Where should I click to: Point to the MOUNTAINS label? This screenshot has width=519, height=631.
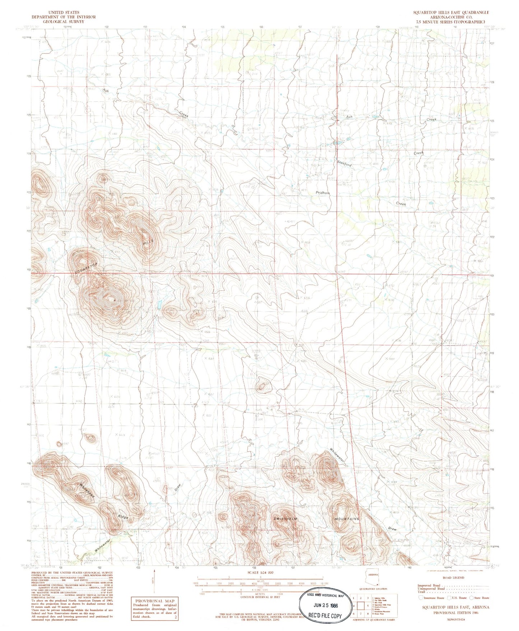click(x=347, y=519)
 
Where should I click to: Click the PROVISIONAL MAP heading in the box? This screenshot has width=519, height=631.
click(x=154, y=601)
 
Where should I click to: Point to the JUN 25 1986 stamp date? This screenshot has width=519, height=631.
click(x=323, y=606)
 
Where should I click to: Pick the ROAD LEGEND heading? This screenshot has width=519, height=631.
click(x=454, y=578)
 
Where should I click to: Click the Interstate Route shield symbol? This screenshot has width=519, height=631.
click(x=421, y=598)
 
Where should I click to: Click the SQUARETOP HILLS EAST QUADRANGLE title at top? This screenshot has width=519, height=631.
click(x=451, y=12)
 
